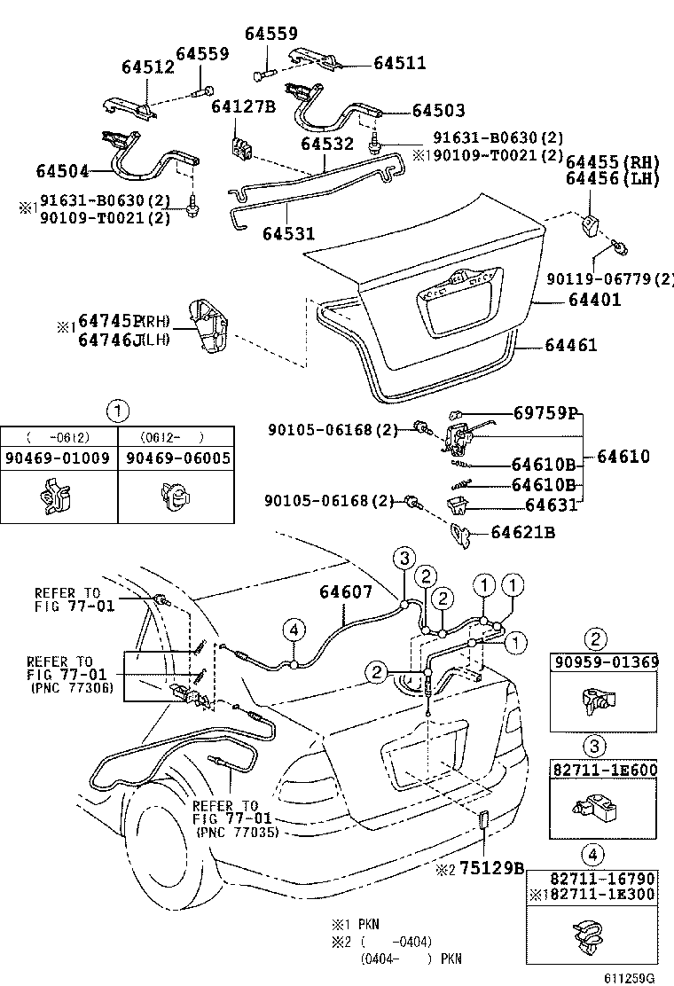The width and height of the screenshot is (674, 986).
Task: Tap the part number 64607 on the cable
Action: click(346, 592)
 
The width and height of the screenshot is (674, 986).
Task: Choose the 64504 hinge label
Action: click(64, 169)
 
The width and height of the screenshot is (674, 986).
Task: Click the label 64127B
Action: click(244, 107)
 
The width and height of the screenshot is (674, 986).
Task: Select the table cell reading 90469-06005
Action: click(176, 458)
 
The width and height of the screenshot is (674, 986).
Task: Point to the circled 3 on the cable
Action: click(404, 558)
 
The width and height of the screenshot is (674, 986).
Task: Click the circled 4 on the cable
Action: click(294, 629)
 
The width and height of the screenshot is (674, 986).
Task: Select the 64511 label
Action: click(399, 63)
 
